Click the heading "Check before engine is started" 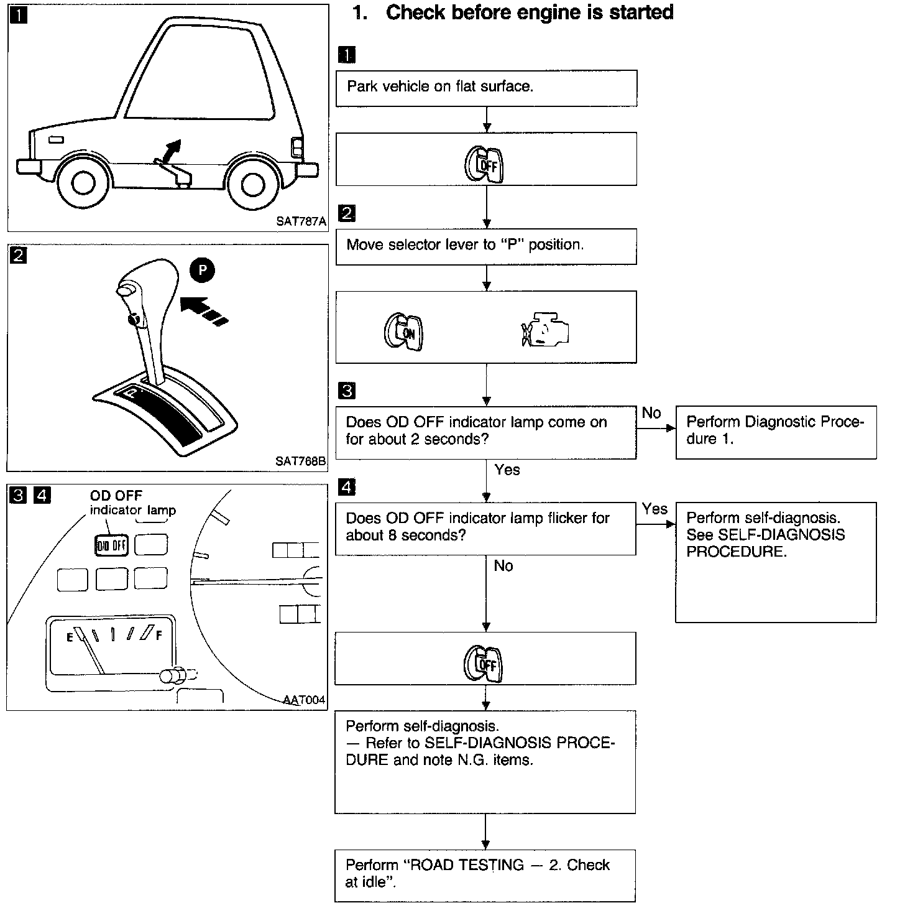[529, 12]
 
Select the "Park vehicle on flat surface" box [486, 88]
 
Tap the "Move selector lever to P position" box [486, 246]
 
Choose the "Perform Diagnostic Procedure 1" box [775, 432]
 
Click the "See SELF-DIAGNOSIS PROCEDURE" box [775, 561]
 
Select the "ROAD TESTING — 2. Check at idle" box [485, 875]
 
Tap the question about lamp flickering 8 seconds [485, 527]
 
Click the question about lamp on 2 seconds [485, 432]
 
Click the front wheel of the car [83, 182]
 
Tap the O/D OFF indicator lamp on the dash [111, 545]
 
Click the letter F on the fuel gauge [160, 635]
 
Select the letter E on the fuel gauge [70, 636]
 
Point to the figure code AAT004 [304, 700]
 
